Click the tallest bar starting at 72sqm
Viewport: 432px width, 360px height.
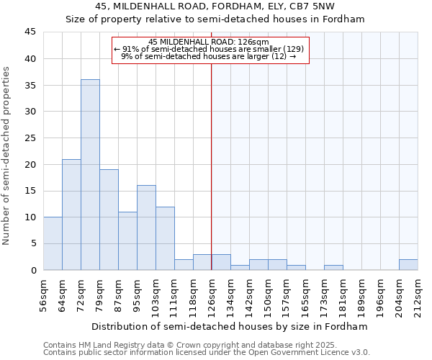click(x=90, y=174)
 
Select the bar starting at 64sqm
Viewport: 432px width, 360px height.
click(x=71, y=215)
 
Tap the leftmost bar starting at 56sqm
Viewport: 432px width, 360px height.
click(x=53, y=243)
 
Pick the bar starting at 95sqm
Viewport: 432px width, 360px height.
click(x=146, y=228)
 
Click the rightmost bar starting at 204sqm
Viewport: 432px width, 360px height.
click(x=408, y=264)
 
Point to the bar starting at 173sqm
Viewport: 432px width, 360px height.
click(x=333, y=267)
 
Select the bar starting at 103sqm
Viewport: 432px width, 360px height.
click(x=165, y=238)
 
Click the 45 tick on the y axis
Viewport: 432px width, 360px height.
click(x=30, y=32)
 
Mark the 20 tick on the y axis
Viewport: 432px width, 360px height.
click(x=30, y=164)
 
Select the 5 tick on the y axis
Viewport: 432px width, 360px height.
click(x=33, y=243)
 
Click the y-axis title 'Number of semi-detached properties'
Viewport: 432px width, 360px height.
click(x=7, y=156)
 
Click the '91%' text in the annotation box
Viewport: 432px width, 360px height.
click(x=130, y=49)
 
